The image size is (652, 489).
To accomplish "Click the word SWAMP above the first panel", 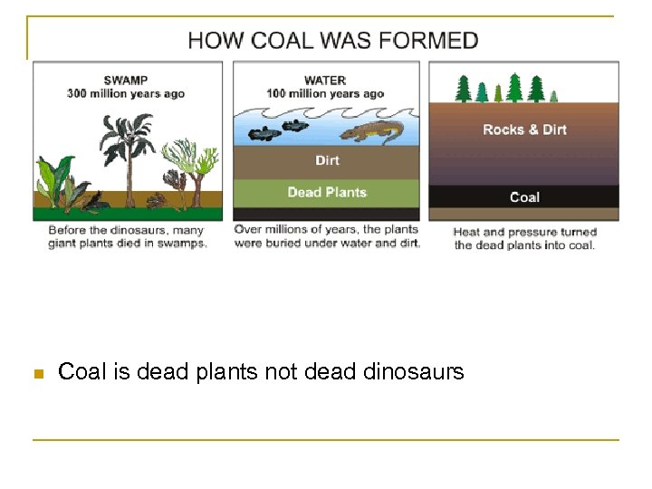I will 126,80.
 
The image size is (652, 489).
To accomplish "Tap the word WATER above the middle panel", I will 325,80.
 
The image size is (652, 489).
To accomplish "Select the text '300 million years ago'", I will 126,93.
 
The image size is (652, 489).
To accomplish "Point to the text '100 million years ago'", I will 325,93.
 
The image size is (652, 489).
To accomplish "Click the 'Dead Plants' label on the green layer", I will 327,192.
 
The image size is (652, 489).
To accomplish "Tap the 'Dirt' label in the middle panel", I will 328,160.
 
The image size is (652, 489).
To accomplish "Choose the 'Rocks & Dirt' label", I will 524,129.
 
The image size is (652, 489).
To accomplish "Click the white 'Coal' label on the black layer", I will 524,197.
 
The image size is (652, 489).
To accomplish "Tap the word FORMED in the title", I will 432,41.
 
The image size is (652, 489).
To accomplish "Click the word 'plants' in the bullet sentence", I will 226,372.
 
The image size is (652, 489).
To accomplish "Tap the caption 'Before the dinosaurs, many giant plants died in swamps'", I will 128,237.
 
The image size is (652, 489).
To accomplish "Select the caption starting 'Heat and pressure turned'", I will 524,238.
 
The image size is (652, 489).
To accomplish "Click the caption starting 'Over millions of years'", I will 327,236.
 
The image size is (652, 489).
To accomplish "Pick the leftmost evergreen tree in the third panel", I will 463,89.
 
